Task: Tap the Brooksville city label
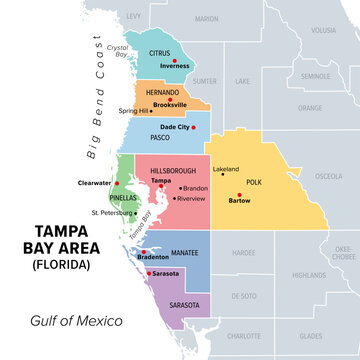tap(172, 103)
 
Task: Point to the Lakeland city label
tap(225, 170)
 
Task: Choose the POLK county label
tap(253, 182)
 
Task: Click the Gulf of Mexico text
tap(76, 320)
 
